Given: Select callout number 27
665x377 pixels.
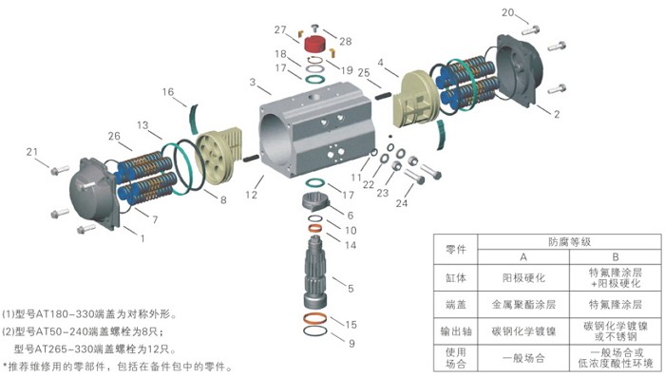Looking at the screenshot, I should click(x=281, y=29).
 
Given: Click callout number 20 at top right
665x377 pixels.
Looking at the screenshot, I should click(x=508, y=12).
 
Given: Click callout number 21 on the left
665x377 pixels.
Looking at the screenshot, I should click(x=32, y=151).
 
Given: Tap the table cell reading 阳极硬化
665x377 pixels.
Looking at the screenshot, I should click(x=522, y=279).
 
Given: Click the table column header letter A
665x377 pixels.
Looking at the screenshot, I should click(x=522, y=257).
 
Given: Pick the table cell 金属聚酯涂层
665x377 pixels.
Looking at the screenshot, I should click(x=522, y=306).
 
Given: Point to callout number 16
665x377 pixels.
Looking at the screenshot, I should click(x=168, y=93).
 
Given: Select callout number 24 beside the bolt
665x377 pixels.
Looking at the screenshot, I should click(x=402, y=202).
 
